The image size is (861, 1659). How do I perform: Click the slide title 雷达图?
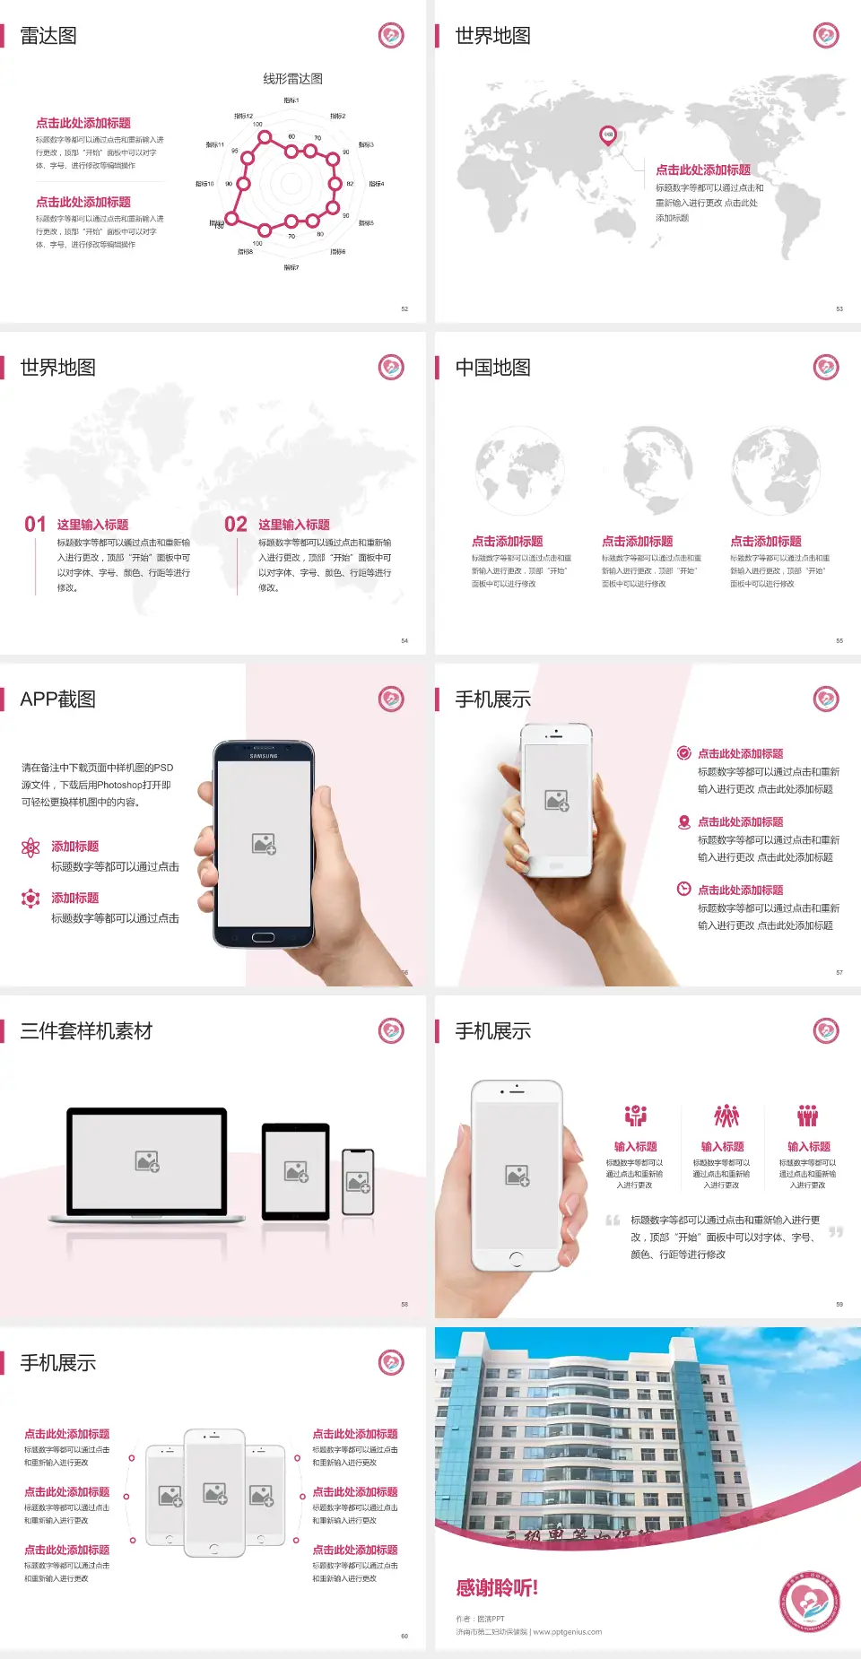click(x=48, y=36)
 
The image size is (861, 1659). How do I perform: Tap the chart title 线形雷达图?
click(x=292, y=79)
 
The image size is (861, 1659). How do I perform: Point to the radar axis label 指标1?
click(x=291, y=100)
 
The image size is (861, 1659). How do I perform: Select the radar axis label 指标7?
click(x=291, y=267)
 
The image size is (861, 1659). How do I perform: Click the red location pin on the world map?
click(x=608, y=135)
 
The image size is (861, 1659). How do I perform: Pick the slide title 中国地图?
click(x=492, y=368)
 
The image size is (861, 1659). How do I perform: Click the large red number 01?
click(x=35, y=524)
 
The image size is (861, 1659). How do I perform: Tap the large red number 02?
click(x=236, y=524)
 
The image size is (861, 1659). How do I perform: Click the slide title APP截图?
click(x=57, y=699)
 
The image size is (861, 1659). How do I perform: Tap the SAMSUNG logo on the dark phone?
click(x=264, y=756)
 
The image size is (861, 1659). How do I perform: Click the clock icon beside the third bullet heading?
click(x=683, y=889)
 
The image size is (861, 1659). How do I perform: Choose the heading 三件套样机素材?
click(x=86, y=1031)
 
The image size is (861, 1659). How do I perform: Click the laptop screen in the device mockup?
click(x=147, y=1161)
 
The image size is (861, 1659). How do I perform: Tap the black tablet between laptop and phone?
click(x=296, y=1170)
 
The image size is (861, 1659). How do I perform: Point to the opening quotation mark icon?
click(x=613, y=1220)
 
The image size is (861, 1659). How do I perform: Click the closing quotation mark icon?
click(x=836, y=1232)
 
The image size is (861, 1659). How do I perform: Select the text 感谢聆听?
click(x=497, y=1588)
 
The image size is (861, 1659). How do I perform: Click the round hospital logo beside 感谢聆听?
click(x=809, y=1602)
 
